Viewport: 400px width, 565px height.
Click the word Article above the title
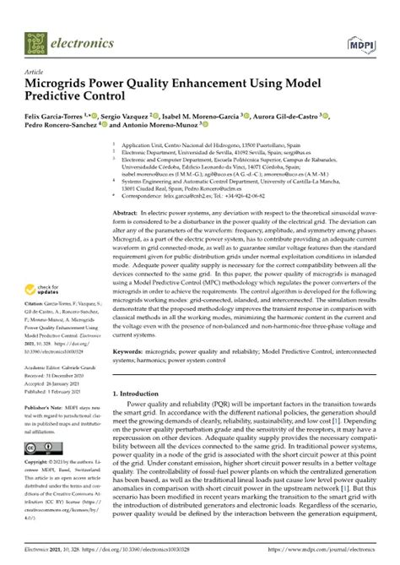click(35, 73)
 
